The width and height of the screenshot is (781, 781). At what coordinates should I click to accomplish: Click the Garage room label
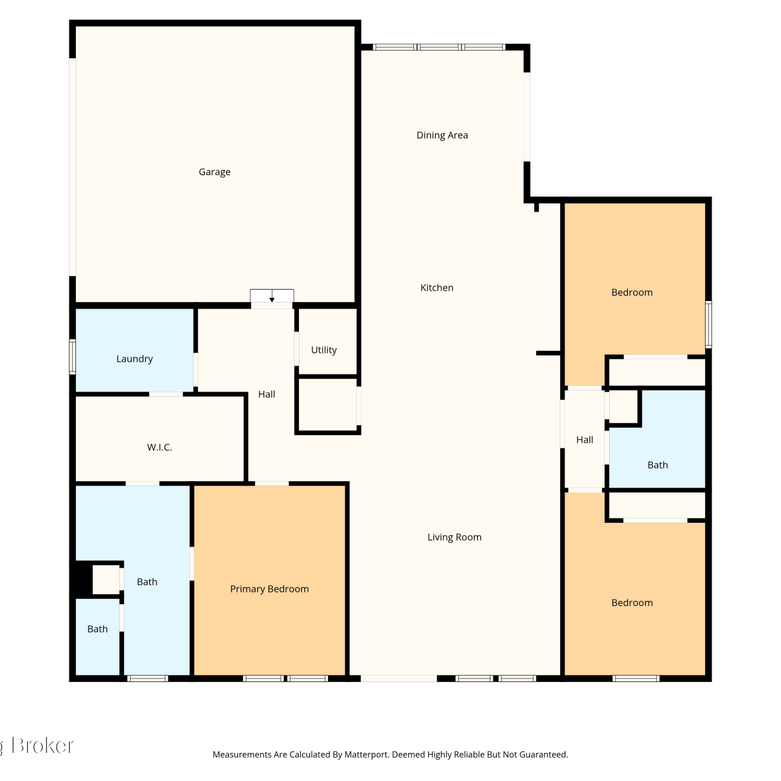tap(215, 172)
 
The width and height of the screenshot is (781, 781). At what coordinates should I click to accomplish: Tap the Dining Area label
tap(442, 135)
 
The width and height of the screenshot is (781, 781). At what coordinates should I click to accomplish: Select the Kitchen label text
tap(437, 288)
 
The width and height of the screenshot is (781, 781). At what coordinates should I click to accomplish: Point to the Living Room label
tap(455, 537)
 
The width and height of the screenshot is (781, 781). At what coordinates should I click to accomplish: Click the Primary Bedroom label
tap(270, 589)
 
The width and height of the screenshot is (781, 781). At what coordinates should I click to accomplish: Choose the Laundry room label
tap(134, 359)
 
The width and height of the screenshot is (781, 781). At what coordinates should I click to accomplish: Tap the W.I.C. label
tap(159, 447)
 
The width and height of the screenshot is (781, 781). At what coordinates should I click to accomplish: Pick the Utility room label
tap(324, 350)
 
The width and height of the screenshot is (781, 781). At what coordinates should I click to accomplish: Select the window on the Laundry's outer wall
tap(72, 357)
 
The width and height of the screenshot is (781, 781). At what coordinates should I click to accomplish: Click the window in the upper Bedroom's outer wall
tap(708, 324)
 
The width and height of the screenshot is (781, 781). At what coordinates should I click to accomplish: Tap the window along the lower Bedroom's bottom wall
tap(636, 678)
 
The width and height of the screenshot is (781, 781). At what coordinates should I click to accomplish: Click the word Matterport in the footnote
tap(367, 755)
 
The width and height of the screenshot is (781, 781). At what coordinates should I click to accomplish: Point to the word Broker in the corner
tap(43, 746)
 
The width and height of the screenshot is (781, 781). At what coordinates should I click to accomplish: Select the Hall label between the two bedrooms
tap(585, 440)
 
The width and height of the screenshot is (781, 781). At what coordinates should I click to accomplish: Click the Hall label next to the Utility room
tap(267, 395)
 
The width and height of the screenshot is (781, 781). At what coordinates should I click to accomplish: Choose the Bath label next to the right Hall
tap(658, 465)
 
